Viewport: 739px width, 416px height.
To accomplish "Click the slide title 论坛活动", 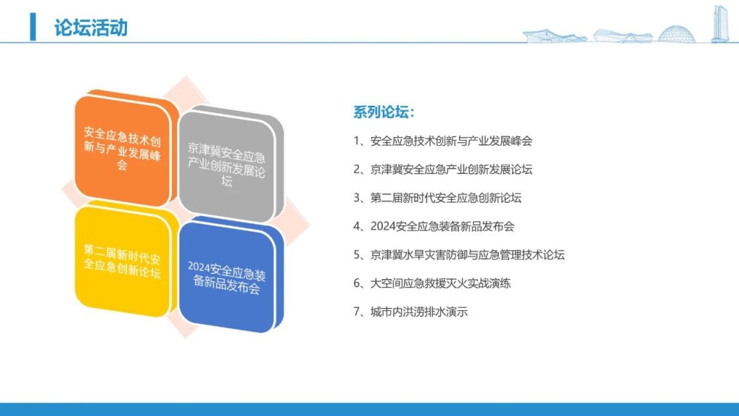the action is click(x=91, y=28).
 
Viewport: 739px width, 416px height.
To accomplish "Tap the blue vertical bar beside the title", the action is click(x=33, y=27).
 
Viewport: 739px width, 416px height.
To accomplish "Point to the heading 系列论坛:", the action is click(x=384, y=112).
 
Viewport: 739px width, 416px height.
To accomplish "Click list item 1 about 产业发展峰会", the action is click(x=443, y=141).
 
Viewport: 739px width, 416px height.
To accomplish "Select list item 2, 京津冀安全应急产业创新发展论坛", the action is click(x=443, y=169).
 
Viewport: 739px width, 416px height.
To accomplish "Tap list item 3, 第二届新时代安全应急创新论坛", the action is click(x=437, y=198).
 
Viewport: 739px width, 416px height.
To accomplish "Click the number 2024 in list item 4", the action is click(x=383, y=227).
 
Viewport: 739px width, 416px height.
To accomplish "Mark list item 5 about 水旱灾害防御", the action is click(x=459, y=255).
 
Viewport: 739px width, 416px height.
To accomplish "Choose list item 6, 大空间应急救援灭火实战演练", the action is click(x=432, y=284).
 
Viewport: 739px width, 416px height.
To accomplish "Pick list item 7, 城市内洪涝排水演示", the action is click(x=410, y=312).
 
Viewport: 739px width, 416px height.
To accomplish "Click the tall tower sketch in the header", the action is click(x=720, y=24).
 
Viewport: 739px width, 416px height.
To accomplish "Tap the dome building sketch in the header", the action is click(x=676, y=34).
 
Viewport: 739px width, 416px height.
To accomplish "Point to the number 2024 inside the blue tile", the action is click(x=198, y=266).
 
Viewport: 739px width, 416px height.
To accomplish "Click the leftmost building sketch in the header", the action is click(x=555, y=36).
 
